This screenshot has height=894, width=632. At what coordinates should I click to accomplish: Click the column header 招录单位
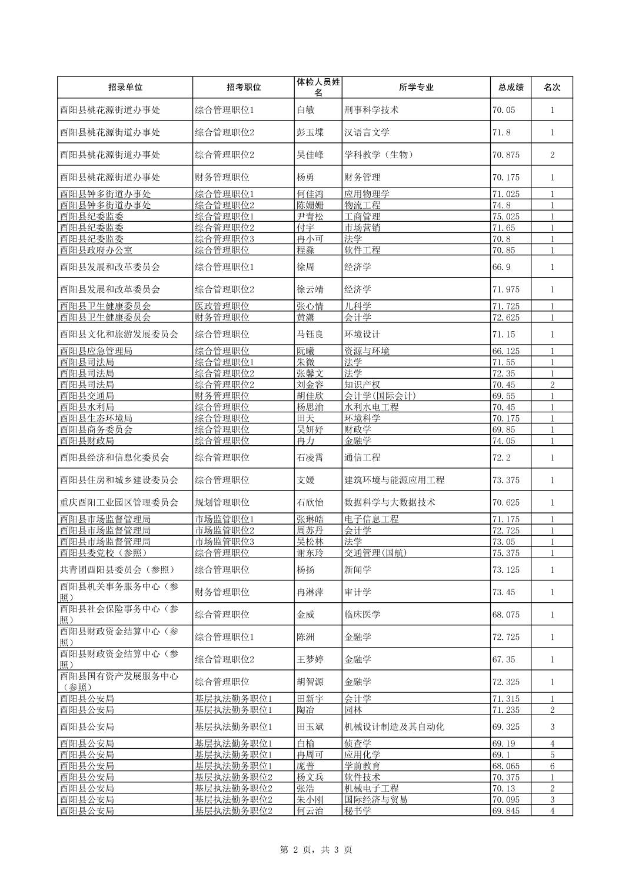tap(125, 87)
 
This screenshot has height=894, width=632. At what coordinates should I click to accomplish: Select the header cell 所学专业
tap(416, 87)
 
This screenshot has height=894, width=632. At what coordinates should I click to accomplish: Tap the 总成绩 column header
tap(510, 87)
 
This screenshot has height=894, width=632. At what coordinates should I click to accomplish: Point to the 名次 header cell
tap(551, 87)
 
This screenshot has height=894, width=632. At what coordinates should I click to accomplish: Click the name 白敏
tap(305, 110)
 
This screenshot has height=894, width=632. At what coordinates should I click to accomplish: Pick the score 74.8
tap(501, 205)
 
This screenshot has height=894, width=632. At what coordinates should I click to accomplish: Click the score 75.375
tap(505, 553)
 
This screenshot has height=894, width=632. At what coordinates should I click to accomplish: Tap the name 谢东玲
tap(310, 553)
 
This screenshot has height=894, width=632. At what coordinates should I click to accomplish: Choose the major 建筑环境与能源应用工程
tap(394, 480)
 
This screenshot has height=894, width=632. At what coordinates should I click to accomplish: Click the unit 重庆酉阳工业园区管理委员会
tap(119, 502)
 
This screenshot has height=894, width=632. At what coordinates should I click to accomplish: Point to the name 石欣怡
tap(310, 502)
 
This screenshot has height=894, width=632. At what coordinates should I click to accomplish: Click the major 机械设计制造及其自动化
tap(394, 727)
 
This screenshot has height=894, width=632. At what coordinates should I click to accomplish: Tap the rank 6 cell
tap(552, 766)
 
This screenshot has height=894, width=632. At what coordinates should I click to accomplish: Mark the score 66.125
tap(505, 351)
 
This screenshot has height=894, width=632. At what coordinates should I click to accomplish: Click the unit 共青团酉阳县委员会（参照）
tap(118, 570)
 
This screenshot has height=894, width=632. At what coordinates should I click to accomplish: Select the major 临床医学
tap(362, 615)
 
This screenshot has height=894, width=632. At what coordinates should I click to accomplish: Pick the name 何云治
tap(310, 811)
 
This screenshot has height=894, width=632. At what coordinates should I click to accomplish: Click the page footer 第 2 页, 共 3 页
tap(315, 849)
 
